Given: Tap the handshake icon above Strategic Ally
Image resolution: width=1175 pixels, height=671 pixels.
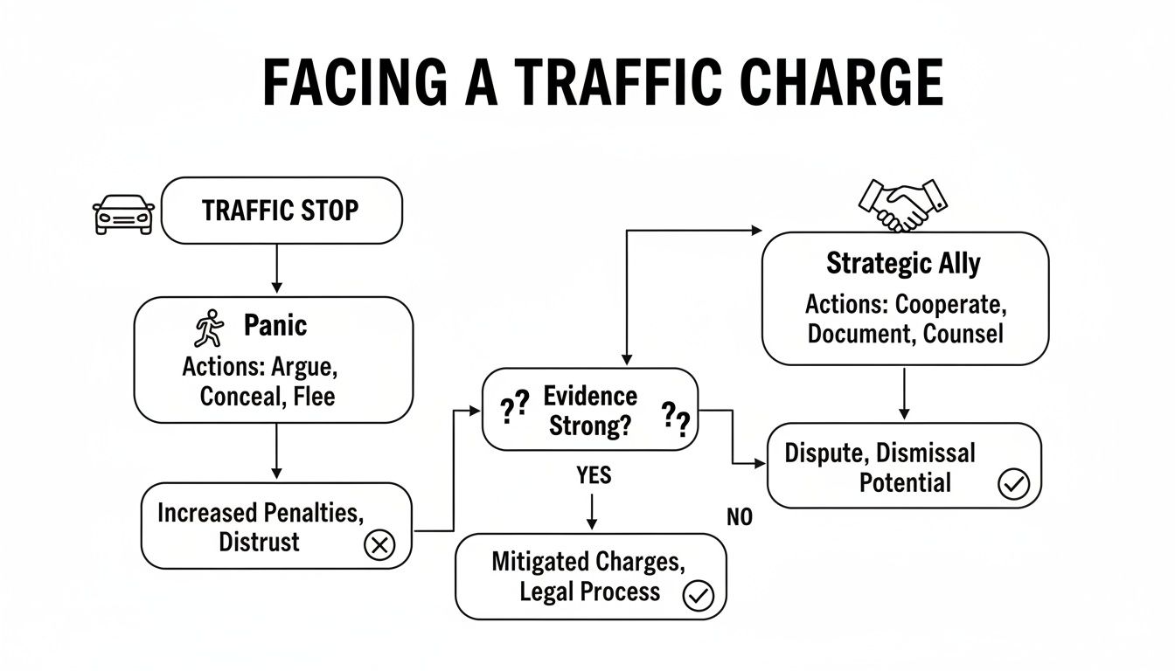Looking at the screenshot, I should (904, 204).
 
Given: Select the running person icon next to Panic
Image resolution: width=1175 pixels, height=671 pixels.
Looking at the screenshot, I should (208, 329).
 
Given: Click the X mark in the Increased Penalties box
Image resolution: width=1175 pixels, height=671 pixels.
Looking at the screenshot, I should (379, 546).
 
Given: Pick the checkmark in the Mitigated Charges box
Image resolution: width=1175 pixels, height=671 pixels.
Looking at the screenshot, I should (698, 596).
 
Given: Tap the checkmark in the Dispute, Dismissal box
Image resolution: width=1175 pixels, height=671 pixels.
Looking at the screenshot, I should (1013, 484).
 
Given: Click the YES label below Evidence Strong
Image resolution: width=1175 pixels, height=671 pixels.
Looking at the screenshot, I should (594, 475).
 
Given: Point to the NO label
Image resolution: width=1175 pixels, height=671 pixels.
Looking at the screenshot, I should (739, 517).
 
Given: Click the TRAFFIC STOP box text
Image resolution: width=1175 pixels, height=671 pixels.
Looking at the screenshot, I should (280, 211).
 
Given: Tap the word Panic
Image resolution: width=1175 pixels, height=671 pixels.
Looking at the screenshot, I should (275, 326).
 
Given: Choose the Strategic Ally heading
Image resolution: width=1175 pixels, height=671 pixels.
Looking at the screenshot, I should (903, 264).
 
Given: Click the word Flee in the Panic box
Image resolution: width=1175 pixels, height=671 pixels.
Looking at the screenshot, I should (314, 396).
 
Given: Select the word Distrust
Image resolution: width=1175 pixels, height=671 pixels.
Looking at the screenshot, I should (259, 542).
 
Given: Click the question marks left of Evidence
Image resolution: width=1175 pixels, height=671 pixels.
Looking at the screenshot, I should (514, 408).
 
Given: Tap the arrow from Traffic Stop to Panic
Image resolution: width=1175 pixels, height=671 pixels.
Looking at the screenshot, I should (276, 269).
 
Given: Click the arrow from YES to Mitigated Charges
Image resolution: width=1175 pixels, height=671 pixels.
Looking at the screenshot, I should (592, 510).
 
